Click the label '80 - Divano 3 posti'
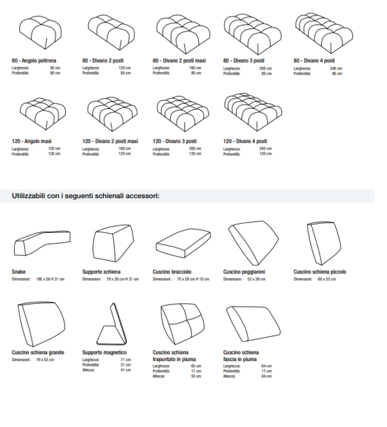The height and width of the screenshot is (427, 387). point(244,60)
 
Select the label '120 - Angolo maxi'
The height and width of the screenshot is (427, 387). point(32,141)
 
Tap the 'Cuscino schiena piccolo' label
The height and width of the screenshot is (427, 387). point(320,272)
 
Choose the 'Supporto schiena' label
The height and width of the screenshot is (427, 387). point(101,272)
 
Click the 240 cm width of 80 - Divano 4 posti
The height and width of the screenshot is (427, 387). point(335,68)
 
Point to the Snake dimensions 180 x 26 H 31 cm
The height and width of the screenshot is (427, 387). point(52,279)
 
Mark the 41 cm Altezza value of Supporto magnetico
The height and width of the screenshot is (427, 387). point(126,371)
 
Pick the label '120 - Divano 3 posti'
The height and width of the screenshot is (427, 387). point(175,141)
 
